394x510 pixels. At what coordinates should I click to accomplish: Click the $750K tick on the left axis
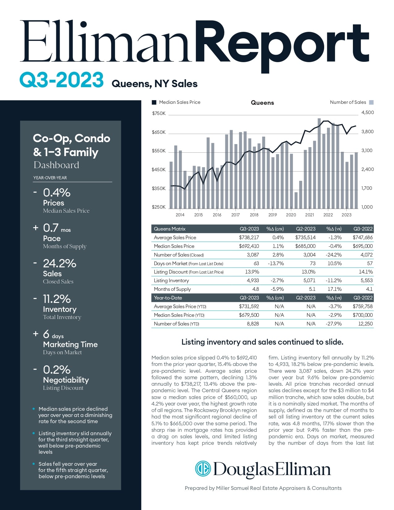[x=159, y=113]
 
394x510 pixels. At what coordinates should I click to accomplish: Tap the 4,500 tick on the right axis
[x=367, y=113]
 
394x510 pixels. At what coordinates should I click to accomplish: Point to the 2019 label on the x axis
[x=273, y=215]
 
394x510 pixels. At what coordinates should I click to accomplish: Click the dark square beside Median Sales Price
[x=154, y=103]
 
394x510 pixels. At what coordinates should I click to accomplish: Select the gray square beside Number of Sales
[x=371, y=102]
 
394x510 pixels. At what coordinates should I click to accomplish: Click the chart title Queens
[x=262, y=103]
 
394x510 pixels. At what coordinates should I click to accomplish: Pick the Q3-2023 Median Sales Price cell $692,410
[x=249, y=246]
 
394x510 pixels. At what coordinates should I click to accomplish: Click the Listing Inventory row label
[x=171, y=280]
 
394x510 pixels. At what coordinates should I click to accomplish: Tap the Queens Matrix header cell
[x=170, y=229]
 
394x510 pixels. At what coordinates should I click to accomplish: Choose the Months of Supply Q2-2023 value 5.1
[x=312, y=289]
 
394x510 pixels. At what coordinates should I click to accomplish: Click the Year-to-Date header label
[x=168, y=298]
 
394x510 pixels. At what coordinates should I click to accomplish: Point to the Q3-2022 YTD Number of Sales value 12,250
[x=365, y=324]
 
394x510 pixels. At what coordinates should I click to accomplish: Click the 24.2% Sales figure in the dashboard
[x=60, y=263]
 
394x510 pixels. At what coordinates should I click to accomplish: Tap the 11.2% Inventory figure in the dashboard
[x=57, y=299]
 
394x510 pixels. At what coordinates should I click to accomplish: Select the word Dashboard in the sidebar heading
[x=56, y=165]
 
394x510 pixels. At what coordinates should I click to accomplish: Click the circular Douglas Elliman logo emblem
[x=203, y=469]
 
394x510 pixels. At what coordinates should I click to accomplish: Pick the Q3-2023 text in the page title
[x=61, y=80]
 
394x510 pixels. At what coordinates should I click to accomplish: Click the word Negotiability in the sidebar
[x=66, y=380]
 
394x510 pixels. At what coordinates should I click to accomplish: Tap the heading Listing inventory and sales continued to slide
[x=262, y=342]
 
